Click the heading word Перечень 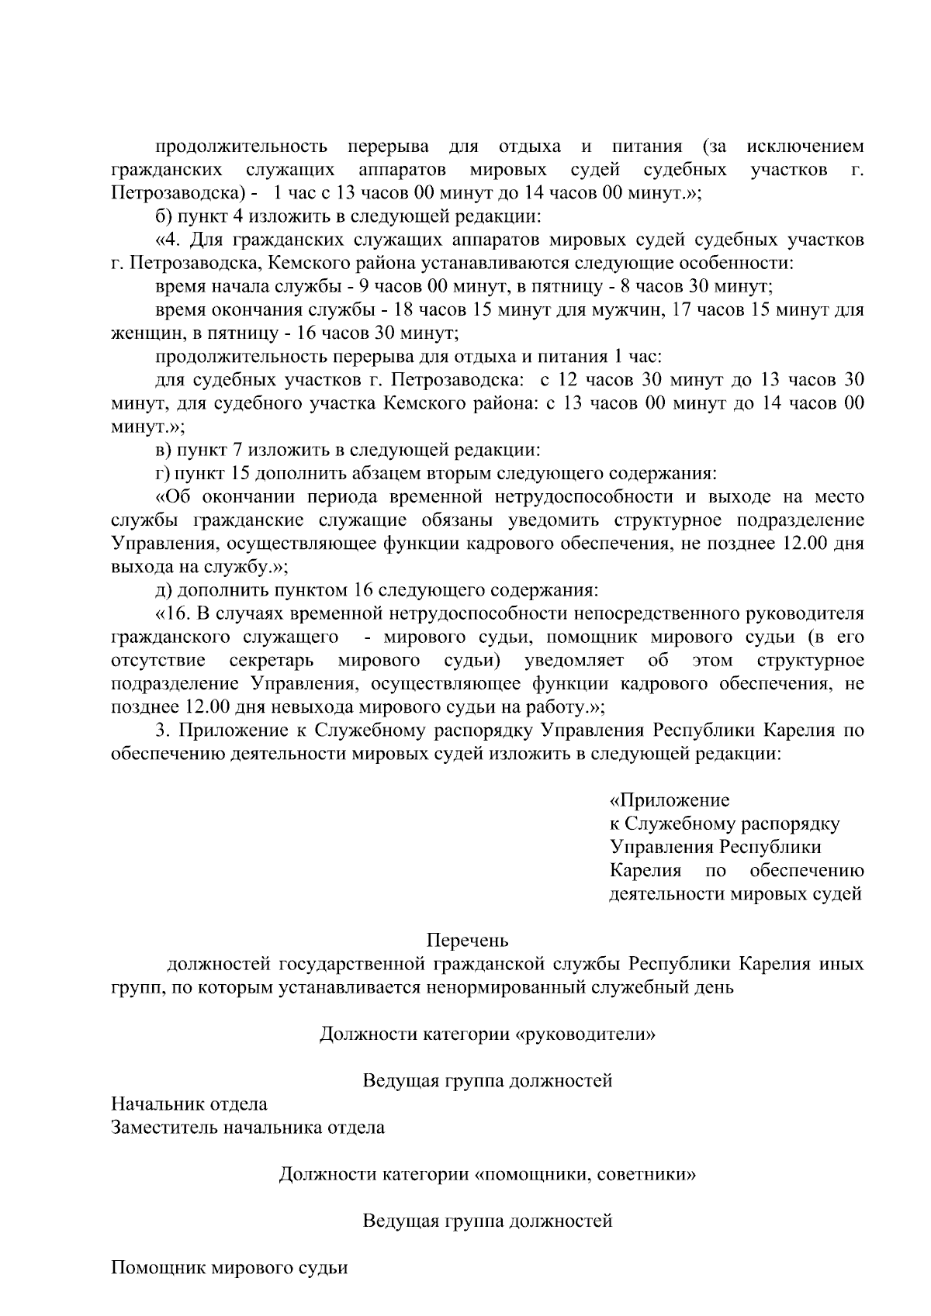467,941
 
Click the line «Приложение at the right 669,800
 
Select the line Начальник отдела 189,1104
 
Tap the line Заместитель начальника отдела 247,1127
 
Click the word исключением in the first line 805,146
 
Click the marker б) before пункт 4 164,216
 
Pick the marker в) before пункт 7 163,450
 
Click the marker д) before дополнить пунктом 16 164,590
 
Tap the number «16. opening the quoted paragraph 174,613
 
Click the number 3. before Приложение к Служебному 163,731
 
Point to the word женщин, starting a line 141,333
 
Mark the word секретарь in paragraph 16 272,661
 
